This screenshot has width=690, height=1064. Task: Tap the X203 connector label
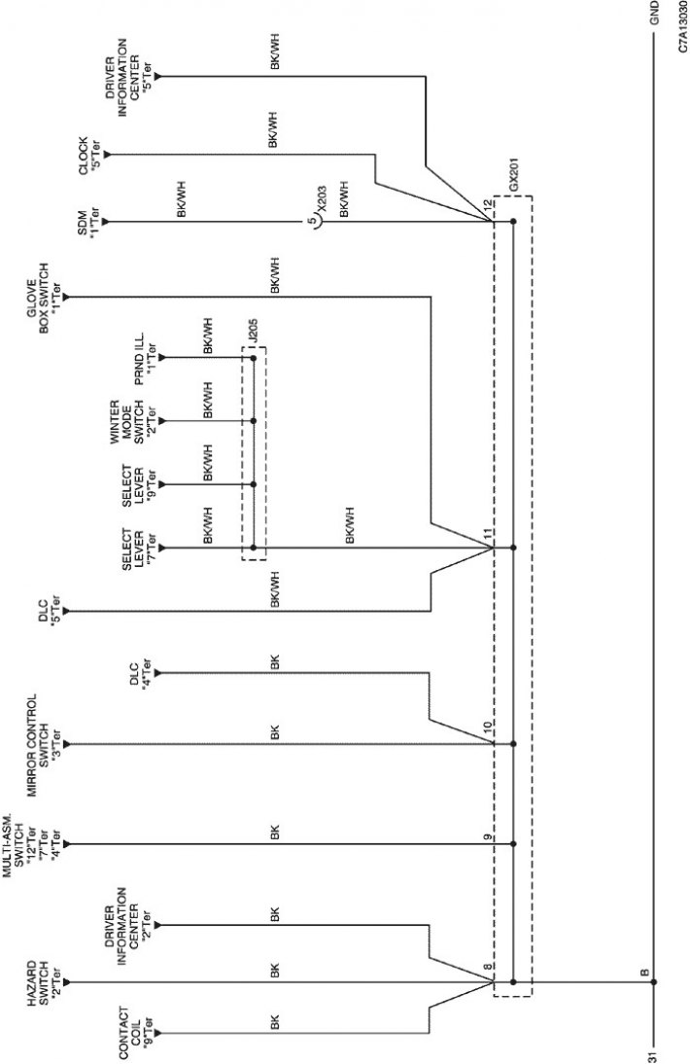(322, 201)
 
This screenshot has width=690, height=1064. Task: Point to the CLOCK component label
(88, 156)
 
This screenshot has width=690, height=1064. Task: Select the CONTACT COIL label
(135, 1031)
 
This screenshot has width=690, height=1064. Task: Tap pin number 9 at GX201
(487, 836)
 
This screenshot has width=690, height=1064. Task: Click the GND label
(654, 13)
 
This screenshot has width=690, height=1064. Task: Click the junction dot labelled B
(654, 982)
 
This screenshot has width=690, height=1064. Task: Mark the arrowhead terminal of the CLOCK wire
(107, 156)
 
